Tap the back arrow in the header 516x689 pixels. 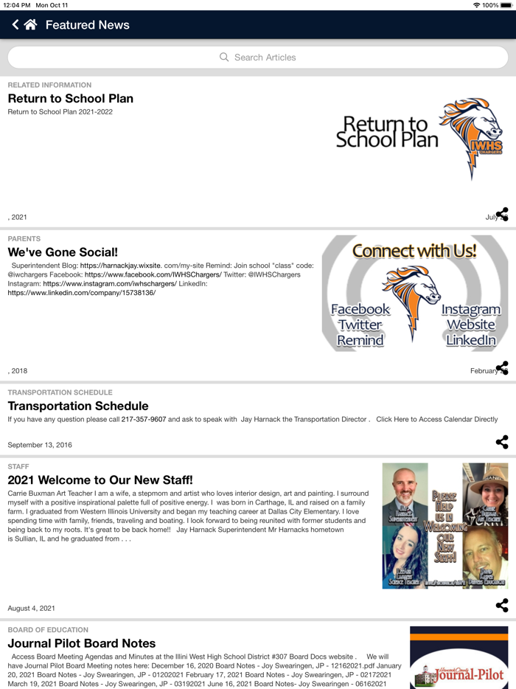pyautogui.click(x=15, y=25)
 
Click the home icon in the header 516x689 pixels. pyautogui.click(x=30, y=25)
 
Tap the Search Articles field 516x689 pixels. pyautogui.click(x=258, y=57)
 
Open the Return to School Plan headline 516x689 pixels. pyautogui.click(x=71, y=98)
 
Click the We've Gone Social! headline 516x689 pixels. pyautogui.click(x=63, y=252)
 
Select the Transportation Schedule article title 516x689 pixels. pyautogui.click(x=78, y=406)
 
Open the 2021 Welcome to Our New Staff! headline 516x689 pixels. pyautogui.click(x=100, y=480)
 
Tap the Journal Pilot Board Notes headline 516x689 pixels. pyautogui.click(x=82, y=643)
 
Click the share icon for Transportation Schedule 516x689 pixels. pyautogui.click(x=502, y=442)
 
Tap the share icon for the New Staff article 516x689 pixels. pyautogui.click(x=502, y=606)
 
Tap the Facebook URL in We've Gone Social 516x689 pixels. pyautogui.click(x=153, y=274)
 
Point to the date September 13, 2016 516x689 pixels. pyautogui.click(x=40, y=445)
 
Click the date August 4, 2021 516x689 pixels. pyautogui.click(x=32, y=609)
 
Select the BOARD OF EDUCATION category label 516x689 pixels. pyautogui.click(x=48, y=630)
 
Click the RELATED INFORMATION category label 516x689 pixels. pyautogui.click(x=49, y=85)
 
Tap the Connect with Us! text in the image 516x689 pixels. pyautogui.click(x=414, y=251)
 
